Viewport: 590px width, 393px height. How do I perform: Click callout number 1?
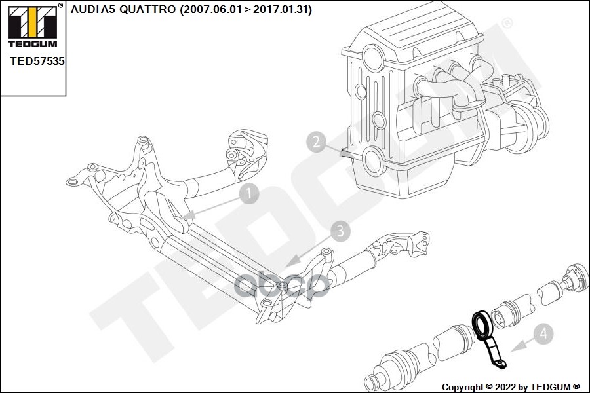(249, 193)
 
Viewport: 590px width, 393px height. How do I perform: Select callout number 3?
(340, 230)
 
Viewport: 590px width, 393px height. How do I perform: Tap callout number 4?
(543, 333)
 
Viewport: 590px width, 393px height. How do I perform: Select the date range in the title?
(250, 9)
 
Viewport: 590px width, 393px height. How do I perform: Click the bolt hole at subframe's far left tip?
(73, 181)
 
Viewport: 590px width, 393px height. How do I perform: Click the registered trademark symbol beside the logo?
(60, 5)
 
